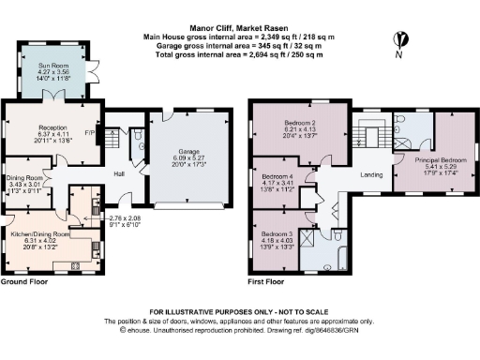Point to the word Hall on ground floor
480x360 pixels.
[x=119, y=173]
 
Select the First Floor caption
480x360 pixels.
[x=268, y=281]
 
